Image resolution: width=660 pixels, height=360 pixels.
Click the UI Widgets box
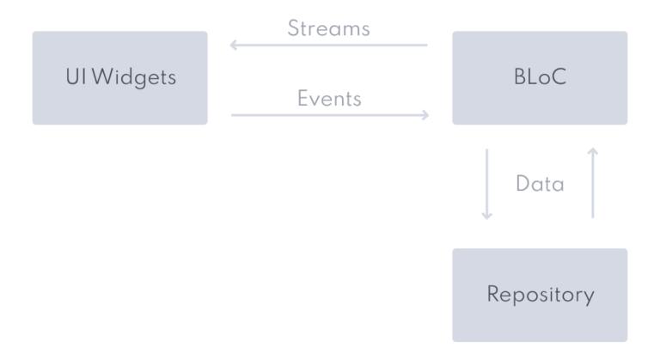pos(119,78)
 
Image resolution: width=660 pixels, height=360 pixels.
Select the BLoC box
pos(540,78)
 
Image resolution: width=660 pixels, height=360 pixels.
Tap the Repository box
pos(540,295)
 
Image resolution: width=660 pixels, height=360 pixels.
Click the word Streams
pos(328,28)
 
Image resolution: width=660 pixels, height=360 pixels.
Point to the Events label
pos(329,98)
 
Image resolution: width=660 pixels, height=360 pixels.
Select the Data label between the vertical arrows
pos(540,184)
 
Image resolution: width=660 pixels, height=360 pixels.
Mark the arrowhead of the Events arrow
pos(425,114)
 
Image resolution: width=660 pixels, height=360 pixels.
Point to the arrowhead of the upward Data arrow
pos(592,152)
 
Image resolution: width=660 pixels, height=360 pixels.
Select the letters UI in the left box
pos(75,78)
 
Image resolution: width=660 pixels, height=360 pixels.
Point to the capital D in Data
pos(522,184)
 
